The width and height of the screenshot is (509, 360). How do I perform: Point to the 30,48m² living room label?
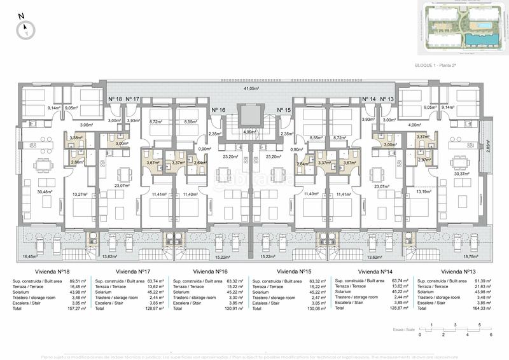[x=44, y=191]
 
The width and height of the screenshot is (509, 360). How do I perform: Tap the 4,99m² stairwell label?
[x=251, y=132]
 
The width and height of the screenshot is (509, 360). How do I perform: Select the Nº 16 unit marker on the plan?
[x=218, y=110]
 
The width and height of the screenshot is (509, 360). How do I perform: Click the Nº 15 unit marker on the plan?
[x=284, y=110]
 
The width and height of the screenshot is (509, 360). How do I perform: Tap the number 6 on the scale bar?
[x=491, y=334]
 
